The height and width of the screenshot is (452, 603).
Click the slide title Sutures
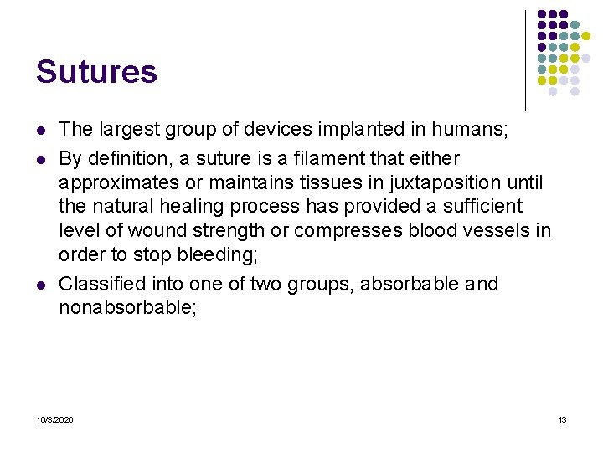pyautogui.click(x=96, y=72)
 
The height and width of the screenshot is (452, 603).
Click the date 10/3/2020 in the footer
pyautogui.click(x=54, y=419)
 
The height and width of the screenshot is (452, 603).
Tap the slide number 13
pyautogui.click(x=562, y=419)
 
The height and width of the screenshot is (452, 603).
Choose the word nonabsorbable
pyautogui.click(x=126, y=307)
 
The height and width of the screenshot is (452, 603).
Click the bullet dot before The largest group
pyautogui.click(x=39, y=130)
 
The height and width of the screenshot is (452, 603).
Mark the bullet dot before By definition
pyautogui.click(x=39, y=159)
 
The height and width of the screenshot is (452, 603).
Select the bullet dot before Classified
pyautogui.click(x=39, y=285)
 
